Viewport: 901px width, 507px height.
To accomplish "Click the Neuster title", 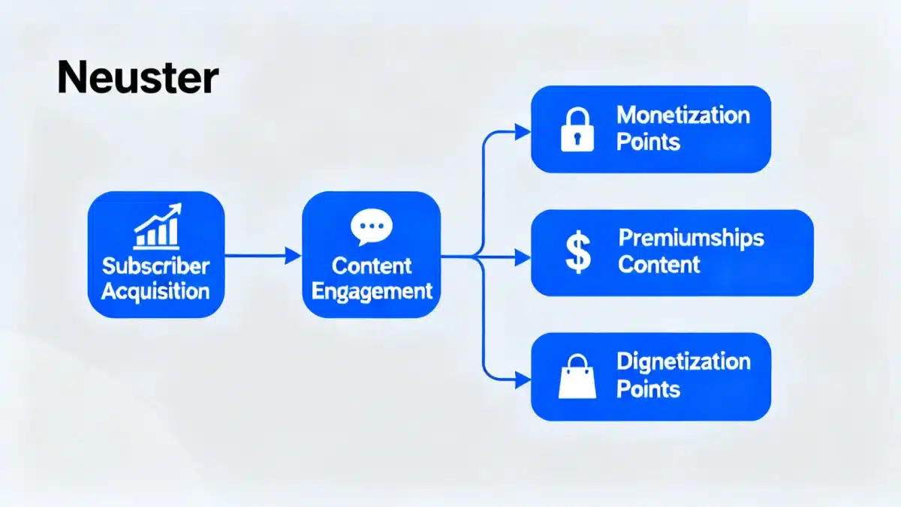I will coord(138,78).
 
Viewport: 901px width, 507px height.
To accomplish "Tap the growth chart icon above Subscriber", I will coord(156,226).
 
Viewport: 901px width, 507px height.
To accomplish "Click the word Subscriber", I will coord(156,265).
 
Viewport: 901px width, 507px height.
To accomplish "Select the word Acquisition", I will coord(155,291).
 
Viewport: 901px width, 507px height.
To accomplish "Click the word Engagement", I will coord(372,291).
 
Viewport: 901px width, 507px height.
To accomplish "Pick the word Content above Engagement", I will coord(372,265).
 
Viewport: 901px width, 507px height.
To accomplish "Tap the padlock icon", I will coord(577,130).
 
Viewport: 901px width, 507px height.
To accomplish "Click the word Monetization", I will coord(683,115).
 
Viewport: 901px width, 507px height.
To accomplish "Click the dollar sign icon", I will coord(577,252).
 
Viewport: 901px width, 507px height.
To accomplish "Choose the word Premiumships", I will coord(691,238).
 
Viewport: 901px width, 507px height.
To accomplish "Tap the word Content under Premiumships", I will coord(659,264).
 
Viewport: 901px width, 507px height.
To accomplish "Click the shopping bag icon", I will coord(577,377).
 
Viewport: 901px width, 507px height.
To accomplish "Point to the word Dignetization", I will coord(683,361).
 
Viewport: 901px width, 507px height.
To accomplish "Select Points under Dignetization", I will coord(648,388).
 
